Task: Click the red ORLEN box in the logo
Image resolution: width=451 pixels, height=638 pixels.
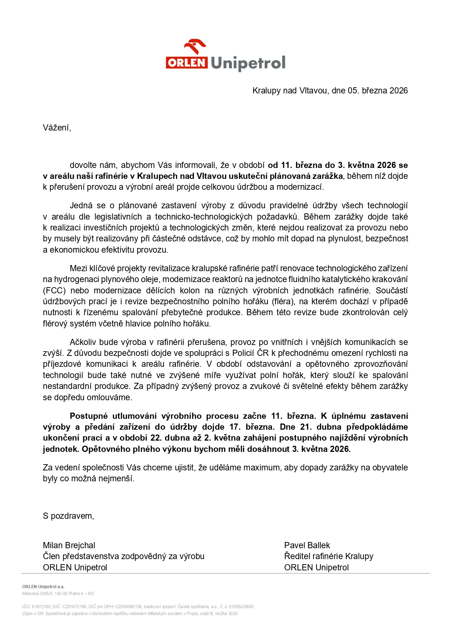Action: click(187, 63)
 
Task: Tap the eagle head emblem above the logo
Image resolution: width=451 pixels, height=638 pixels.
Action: click(195, 47)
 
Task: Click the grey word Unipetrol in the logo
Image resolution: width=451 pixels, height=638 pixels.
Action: click(248, 63)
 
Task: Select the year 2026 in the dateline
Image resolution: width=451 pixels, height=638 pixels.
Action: click(399, 91)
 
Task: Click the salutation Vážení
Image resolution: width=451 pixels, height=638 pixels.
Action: click(57, 128)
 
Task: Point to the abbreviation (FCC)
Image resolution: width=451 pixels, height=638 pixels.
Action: click(54, 290)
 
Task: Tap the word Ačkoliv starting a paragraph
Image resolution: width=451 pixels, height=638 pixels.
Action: click(83, 342)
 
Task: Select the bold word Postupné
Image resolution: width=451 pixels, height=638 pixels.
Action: click(89, 416)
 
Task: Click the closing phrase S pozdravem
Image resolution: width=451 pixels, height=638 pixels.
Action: click(68, 516)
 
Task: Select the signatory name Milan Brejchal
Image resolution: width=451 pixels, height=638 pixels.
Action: click(69, 545)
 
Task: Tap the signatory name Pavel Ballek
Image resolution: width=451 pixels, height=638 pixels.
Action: click(307, 545)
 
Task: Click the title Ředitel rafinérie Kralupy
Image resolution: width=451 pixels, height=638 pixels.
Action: click(329, 556)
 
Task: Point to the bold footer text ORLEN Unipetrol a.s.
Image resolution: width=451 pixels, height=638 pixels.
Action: click(43, 586)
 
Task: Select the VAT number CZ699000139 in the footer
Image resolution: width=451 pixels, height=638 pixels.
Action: click(128, 606)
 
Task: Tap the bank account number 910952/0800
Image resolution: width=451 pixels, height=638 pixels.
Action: click(241, 606)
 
